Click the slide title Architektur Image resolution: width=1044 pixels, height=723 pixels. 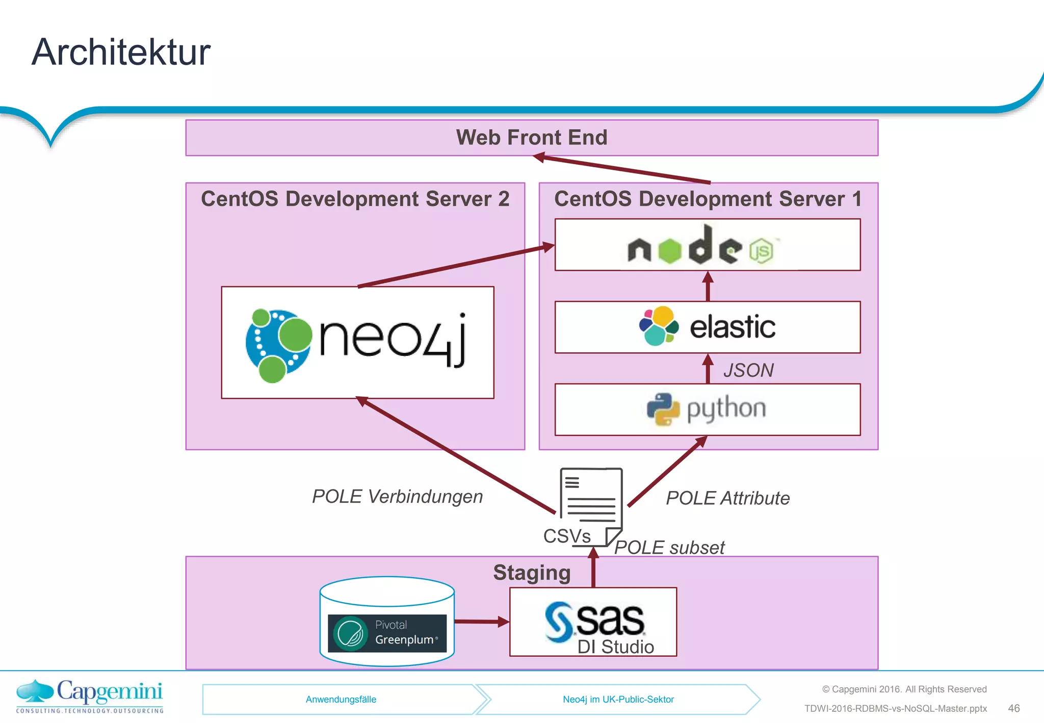(121, 53)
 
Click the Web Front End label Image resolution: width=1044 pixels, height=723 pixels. (531, 138)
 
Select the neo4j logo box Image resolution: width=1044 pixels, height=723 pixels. (357, 343)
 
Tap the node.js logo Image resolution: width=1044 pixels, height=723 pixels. (701, 246)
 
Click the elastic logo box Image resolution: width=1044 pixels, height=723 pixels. (707, 327)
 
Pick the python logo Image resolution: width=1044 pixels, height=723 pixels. (707, 409)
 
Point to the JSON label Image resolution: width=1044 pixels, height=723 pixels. (748, 370)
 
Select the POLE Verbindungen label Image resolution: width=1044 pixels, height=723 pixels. (397, 497)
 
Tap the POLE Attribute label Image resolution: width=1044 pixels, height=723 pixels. (727, 498)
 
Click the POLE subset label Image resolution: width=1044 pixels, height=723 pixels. (669, 548)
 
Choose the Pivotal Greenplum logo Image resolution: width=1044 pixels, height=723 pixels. (387, 633)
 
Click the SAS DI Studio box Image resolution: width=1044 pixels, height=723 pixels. (593, 622)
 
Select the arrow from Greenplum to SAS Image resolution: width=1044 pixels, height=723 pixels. (481, 622)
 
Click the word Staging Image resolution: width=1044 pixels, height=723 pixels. (531, 573)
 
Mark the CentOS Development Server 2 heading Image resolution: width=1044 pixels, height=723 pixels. (355, 199)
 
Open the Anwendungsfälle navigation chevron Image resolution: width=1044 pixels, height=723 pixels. (341, 700)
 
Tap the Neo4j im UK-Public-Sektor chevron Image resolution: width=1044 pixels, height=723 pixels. (618, 700)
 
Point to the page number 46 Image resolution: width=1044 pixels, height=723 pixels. (1013, 708)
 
